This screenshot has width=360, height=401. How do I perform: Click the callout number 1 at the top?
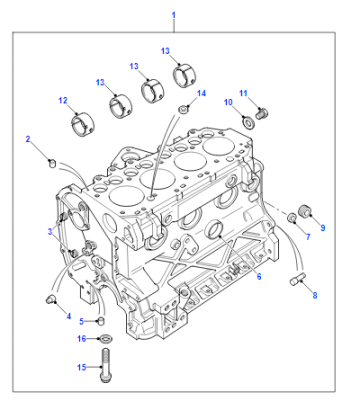click(x=173, y=15)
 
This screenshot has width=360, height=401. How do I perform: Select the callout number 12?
click(x=63, y=100)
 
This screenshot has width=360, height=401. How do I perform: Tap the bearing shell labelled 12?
click(x=83, y=125)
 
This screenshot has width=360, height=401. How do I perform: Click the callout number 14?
click(x=201, y=93)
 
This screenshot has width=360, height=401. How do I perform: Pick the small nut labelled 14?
click(x=183, y=109)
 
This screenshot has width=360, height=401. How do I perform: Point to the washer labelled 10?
click(x=248, y=123)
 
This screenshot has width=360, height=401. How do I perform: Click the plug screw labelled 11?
click(x=262, y=113)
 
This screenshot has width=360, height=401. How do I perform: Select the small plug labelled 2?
click(x=52, y=163)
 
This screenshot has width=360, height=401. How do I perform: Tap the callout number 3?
click(x=50, y=231)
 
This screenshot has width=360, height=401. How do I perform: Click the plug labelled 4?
click(x=50, y=299)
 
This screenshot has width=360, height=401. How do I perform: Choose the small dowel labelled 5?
click(x=101, y=321)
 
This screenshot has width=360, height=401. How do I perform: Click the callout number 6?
click(x=259, y=276)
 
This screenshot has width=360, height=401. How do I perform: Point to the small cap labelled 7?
click(x=292, y=217)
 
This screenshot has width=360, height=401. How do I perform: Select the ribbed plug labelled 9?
click(x=306, y=211)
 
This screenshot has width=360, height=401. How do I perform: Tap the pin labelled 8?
click(x=297, y=279)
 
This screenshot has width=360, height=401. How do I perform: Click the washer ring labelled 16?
click(x=106, y=339)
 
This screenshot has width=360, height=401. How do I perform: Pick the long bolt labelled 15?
click(x=105, y=365)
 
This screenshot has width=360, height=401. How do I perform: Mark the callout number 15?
click(x=82, y=367)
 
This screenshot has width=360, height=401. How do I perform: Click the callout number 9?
click(x=323, y=228)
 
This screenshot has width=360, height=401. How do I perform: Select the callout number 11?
click(x=244, y=93)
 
